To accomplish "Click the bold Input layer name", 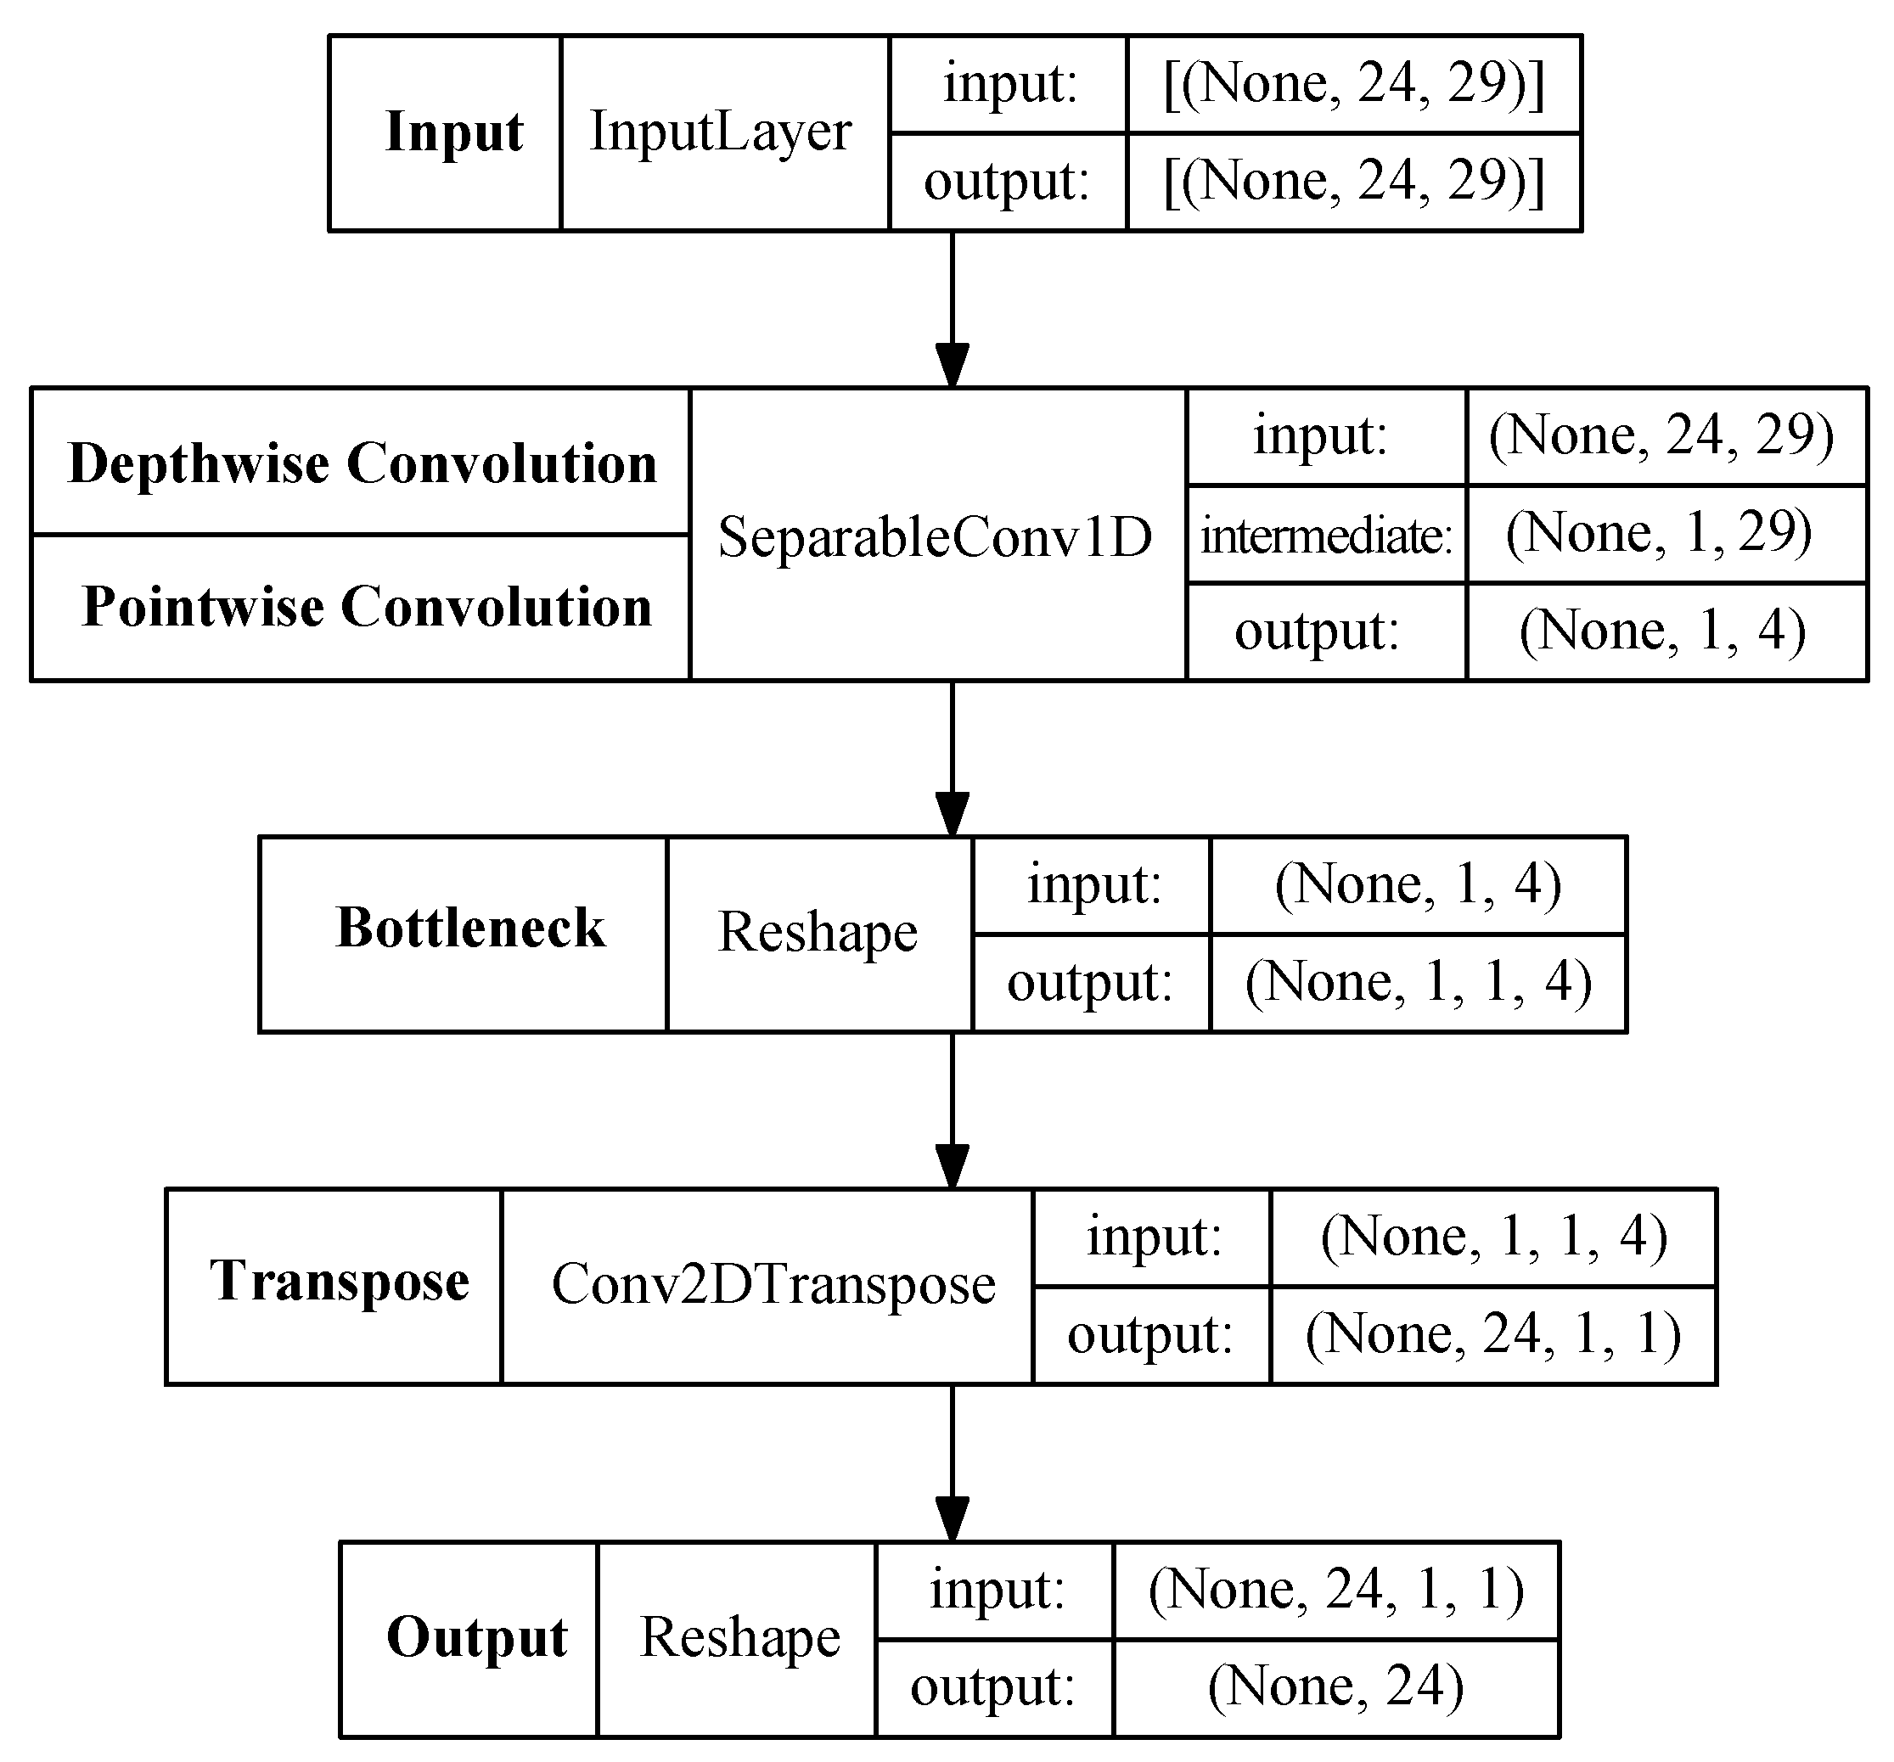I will [453, 132].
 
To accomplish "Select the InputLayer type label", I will [720, 132].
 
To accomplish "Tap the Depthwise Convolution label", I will [362, 463].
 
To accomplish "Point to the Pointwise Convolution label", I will [367, 607].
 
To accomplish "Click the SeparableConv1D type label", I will [935, 537].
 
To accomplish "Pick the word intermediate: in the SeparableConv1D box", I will [1325, 536].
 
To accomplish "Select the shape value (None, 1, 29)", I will [1659, 532].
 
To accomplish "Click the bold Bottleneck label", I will [470, 928].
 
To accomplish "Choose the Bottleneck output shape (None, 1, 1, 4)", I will [1419, 982].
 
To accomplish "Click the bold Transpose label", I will [340, 1280].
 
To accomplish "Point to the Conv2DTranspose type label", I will [773, 1284].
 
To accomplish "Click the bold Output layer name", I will [476, 1638].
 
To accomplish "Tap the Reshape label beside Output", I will [740, 1638].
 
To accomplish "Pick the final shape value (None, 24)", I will [1335, 1686].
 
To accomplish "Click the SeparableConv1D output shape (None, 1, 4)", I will [1662, 631].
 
